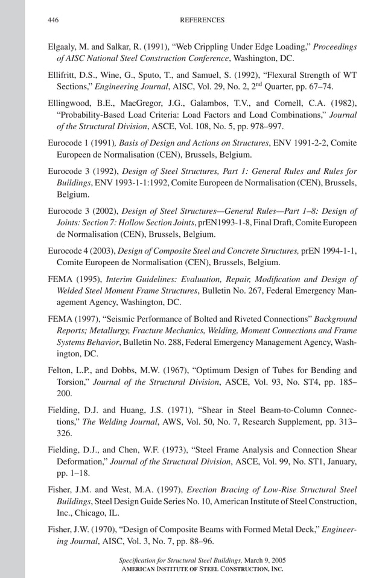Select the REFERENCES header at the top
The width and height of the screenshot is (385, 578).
tap(202, 20)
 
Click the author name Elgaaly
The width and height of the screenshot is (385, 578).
tap(63, 47)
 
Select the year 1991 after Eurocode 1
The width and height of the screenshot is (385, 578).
tap(101, 143)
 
